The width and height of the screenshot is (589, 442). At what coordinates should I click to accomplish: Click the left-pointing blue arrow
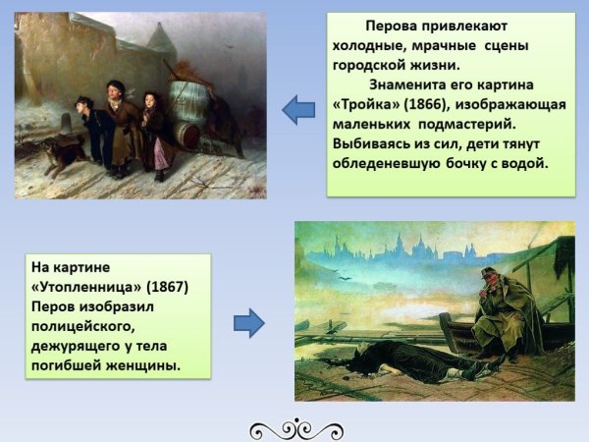click(x=297, y=110)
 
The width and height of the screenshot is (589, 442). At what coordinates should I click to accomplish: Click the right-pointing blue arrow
click(x=250, y=321)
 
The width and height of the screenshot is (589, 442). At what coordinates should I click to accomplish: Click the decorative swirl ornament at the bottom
click(x=294, y=428)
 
